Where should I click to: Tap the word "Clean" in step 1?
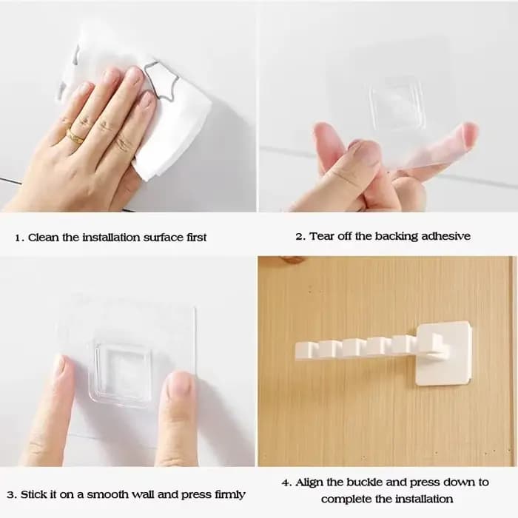tap(43, 238)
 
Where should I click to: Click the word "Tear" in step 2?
tap(321, 236)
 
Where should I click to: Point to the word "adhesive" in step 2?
tap(445, 236)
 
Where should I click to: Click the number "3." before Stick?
tap(12, 495)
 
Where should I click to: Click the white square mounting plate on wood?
tap(443, 353)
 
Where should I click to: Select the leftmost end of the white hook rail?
tap(295, 351)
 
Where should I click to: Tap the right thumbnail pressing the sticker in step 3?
tap(181, 385)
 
